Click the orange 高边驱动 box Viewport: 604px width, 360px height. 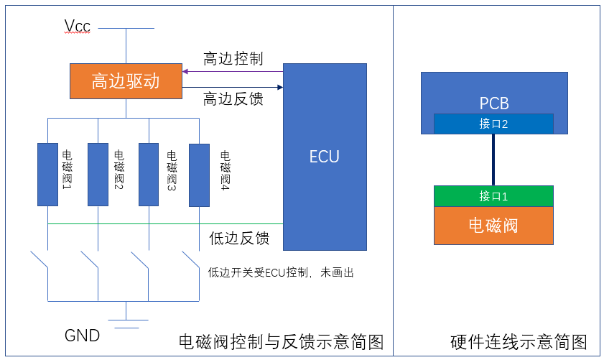(x=126, y=81)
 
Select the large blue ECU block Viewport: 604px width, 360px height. (x=325, y=157)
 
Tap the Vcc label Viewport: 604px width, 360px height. (x=78, y=27)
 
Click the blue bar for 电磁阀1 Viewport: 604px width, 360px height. (x=47, y=175)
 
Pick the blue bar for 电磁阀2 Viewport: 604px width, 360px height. (x=98, y=175)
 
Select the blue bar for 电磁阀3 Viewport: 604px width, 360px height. (x=149, y=175)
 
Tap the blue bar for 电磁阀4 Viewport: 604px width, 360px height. (x=199, y=175)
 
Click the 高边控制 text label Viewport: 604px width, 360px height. (x=233, y=59)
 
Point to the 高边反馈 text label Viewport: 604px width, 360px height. (x=233, y=98)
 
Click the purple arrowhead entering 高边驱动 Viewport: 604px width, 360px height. (x=185, y=71)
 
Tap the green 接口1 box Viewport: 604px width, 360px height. (x=493, y=196)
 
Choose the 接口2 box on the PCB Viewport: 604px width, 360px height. (x=493, y=124)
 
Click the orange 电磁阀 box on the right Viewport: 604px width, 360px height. (x=493, y=226)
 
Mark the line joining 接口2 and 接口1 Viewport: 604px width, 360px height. (x=493, y=160)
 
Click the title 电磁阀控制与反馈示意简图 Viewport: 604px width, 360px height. (x=281, y=341)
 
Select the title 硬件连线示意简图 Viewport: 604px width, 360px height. (x=519, y=341)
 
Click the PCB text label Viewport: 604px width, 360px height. (x=493, y=103)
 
